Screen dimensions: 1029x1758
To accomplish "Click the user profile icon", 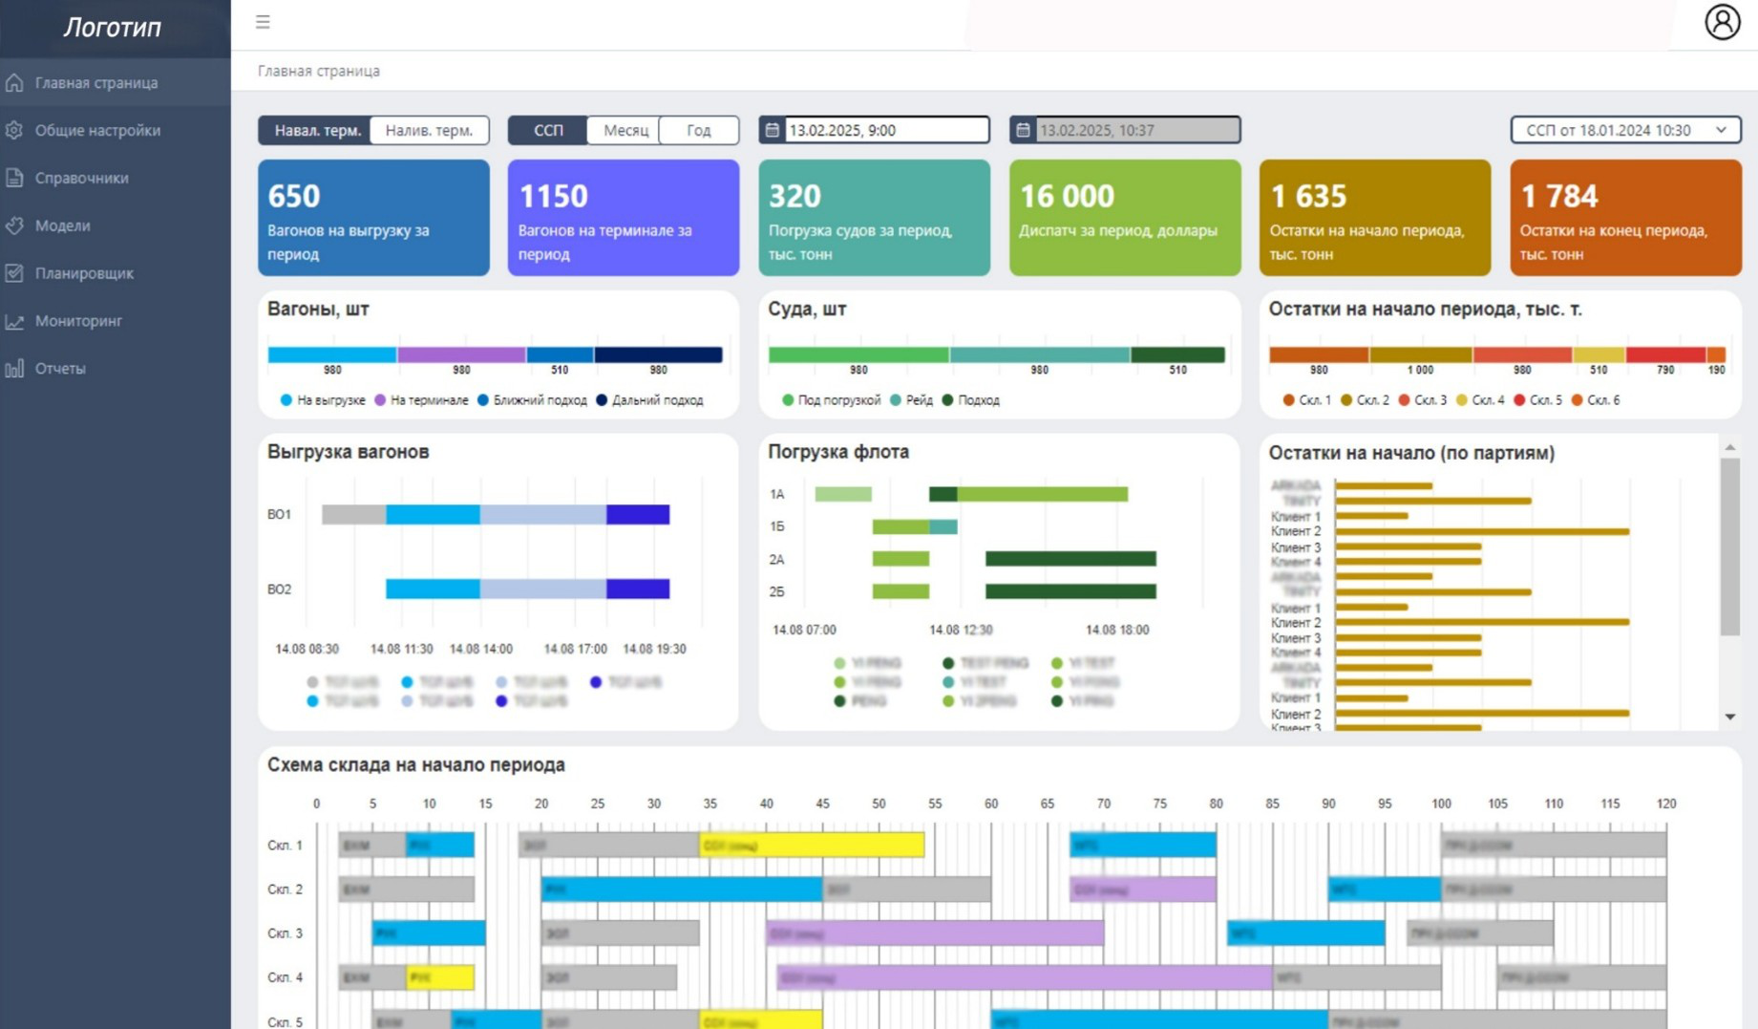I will pyautogui.click(x=1722, y=22).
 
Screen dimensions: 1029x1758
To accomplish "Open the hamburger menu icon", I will pyautogui.click(x=263, y=22).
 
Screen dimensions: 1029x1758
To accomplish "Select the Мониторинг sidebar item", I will pyautogui.click(x=78, y=321).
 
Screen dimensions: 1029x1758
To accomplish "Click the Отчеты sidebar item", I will pyautogui.click(x=60, y=369).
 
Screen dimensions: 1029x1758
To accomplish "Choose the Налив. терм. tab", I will pyautogui.click(x=429, y=130).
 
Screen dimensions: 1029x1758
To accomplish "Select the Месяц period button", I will pyautogui.click(x=625, y=130).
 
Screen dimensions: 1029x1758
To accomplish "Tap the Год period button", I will pyautogui.click(x=698, y=130).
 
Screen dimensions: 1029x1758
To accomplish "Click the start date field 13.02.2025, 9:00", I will pyautogui.click(x=885, y=130).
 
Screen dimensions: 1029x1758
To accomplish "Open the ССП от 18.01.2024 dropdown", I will pyautogui.click(x=1625, y=130).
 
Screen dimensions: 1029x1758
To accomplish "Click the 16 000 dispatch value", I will pyautogui.click(x=1067, y=196).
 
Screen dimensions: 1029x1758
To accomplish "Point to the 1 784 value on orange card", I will pyautogui.click(x=1558, y=196).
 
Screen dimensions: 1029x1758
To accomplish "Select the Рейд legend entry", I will pyautogui.click(x=918, y=400).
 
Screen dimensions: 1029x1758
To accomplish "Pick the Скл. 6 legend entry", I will pyautogui.click(x=1601, y=400).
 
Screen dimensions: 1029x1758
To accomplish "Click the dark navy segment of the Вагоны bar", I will pyautogui.click(x=658, y=354).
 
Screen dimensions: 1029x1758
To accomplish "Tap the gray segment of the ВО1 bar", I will pyautogui.click(x=353, y=515).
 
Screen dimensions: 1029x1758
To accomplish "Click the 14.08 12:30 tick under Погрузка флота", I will pyautogui.click(x=961, y=630).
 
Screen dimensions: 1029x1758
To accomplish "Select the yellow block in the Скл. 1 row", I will pyautogui.click(x=812, y=845).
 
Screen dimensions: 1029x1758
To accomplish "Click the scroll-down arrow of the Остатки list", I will pyautogui.click(x=1729, y=717).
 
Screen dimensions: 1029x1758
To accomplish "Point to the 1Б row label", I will pyautogui.click(x=776, y=526).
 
